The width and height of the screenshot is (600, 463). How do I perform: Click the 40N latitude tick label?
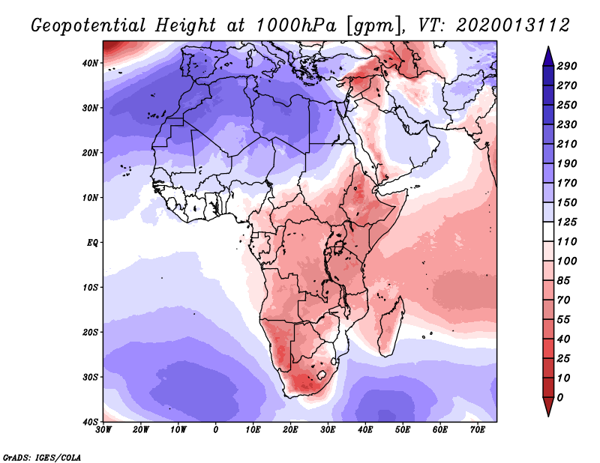click(90, 63)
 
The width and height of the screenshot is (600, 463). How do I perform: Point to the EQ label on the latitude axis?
click(92, 243)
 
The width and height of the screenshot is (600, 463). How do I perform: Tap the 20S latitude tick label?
click(90, 332)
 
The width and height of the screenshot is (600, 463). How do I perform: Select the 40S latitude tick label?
click(90, 422)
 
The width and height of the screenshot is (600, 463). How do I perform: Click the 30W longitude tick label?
click(103, 430)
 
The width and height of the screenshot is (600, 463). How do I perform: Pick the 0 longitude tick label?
click(215, 430)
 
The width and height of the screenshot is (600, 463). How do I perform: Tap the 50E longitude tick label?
click(403, 430)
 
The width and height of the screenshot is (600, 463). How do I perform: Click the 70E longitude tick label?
click(477, 430)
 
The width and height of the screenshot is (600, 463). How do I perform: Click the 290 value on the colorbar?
click(566, 66)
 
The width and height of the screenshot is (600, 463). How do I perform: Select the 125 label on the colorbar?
click(566, 222)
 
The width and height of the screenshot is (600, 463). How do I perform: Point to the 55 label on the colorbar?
click(563, 320)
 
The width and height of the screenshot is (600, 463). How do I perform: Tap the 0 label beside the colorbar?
click(559, 398)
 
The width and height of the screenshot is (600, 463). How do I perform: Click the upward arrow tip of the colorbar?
click(548, 46)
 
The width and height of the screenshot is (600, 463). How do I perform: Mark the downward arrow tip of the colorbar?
click(548, 416)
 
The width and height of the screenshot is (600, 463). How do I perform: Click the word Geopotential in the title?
click(88, 26)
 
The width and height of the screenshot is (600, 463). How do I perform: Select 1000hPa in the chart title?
click(295, 25)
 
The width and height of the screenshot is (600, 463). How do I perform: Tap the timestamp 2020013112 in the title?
click(513, 25)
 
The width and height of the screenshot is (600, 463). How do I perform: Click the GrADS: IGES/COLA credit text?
click(42, 457)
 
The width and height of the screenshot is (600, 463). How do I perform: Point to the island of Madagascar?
click(391, 326)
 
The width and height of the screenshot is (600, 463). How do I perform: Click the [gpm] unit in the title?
click(376, 26)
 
